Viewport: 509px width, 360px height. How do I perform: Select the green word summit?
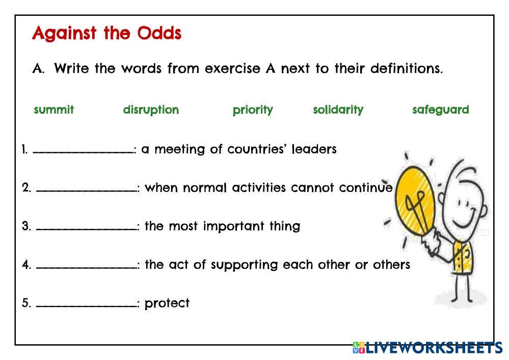(x=54, y=109)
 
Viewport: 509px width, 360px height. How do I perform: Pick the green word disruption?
(x=151, y=110)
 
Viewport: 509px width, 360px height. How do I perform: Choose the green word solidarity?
(x=338, y=110)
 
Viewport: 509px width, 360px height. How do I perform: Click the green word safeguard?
(x=441, y=110)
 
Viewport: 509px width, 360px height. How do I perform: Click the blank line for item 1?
(x=83, y=152)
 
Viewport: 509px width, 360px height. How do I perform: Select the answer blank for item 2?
(x=86, y=190)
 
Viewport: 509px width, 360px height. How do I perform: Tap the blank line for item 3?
(x=86, y=229)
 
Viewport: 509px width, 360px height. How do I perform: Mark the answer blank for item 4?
(x=86, y=267)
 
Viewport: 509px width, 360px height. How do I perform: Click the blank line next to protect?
(x=86, y=306)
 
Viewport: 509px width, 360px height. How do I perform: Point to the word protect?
(x=167, y=303)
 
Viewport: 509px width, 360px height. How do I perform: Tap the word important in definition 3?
(x=233, y=227)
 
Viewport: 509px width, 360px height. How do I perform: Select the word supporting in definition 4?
(x=244, y=265)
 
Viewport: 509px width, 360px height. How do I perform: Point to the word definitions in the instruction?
(x=407, y=68)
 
